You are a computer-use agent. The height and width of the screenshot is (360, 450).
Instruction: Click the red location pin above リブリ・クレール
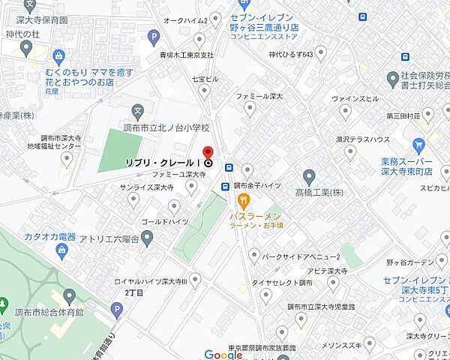(x=208, y=150)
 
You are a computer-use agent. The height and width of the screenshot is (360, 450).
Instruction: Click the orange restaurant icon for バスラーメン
(x=243, y=200)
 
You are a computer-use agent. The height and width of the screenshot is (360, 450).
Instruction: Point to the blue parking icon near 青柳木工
(x=154, y=35)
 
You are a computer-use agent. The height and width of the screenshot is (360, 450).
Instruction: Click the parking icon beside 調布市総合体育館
(x=116, y=308)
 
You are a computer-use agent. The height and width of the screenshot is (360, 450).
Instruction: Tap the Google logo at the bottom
(x=223, y=355)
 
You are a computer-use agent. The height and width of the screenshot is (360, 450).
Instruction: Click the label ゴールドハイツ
(x=164, y=223)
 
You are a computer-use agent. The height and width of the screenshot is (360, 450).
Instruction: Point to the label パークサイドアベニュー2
(x=296, y=256)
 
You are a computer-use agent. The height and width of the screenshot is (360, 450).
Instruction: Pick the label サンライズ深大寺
(x=147, y=188)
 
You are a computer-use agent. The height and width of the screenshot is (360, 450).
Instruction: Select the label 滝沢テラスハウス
(x=362, y=139)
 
